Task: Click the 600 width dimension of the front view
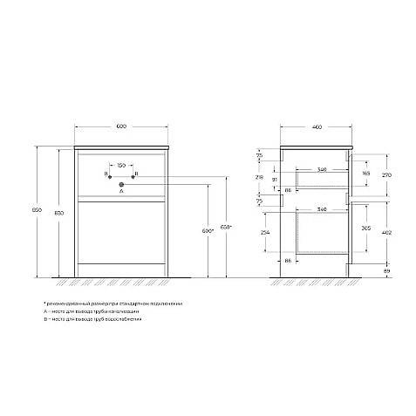point(121,127)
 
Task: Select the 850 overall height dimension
point(36,211)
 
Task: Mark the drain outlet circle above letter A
point(122,183)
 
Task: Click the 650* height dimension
point(226,230)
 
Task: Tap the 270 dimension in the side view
point(388,174)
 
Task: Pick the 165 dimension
point(365,174)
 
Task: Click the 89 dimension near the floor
point(387,271)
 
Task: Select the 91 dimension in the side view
point(276,179)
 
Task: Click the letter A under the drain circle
point(122,192)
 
